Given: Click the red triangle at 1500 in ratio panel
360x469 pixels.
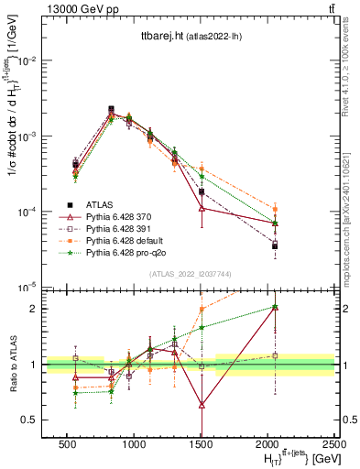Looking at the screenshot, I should click(202, 404).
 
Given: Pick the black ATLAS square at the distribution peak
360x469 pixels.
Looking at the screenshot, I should click(111, 109).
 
